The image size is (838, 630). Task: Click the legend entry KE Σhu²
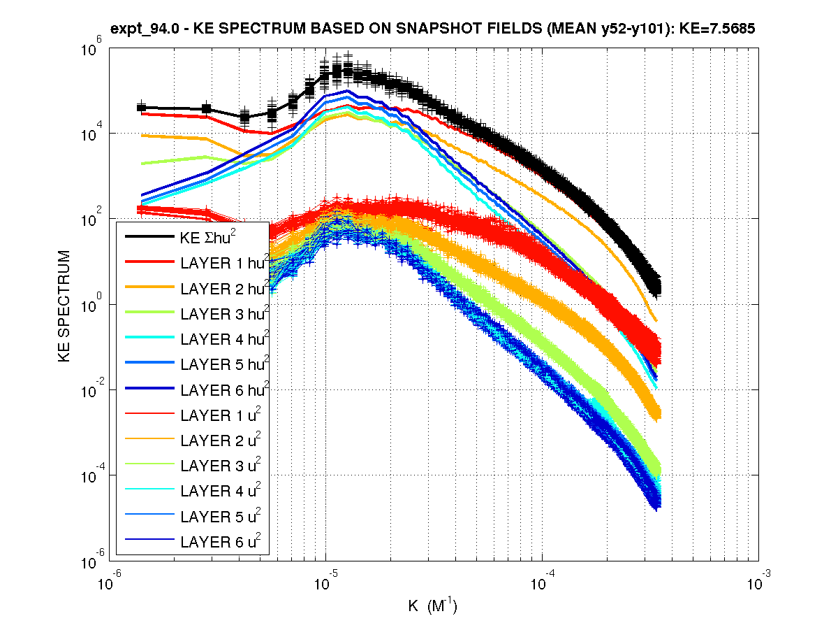(209, 236)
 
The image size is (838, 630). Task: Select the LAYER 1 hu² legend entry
(224, 262)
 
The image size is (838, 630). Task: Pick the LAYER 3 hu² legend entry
(224, 313)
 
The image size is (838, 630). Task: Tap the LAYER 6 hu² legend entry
(224, 389)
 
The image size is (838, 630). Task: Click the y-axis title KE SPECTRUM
(64, 306)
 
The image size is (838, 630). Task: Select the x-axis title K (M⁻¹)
(432, 605)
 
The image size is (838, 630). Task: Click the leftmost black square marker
(142, 107)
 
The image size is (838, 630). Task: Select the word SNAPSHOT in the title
(395, 29)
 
